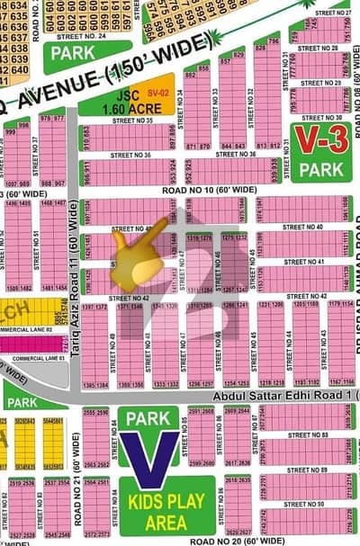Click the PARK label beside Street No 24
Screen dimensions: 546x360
click(74, 55)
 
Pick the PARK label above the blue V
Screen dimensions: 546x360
click(148, 418)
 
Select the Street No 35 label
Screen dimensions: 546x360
click(130, 121)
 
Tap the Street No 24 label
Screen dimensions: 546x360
click(81, 37)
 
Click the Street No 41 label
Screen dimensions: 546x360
click(308, 262)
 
